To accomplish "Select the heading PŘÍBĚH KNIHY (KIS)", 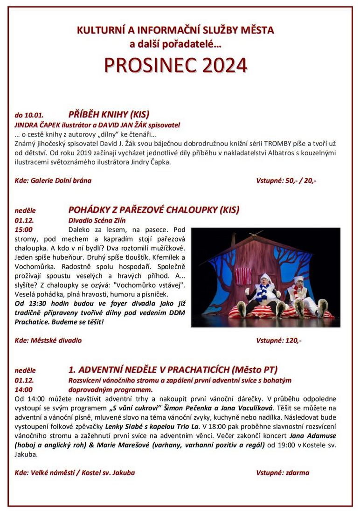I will point(109,114).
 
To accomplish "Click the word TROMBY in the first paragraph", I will point(278,143).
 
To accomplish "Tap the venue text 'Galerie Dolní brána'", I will point(61,180).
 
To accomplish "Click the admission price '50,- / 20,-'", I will point(301,180).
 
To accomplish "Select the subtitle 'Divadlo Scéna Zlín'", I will point(97,220).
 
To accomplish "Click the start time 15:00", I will point(24,229).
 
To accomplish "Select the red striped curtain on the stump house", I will point(243,276).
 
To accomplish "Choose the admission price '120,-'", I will point(293,340).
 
